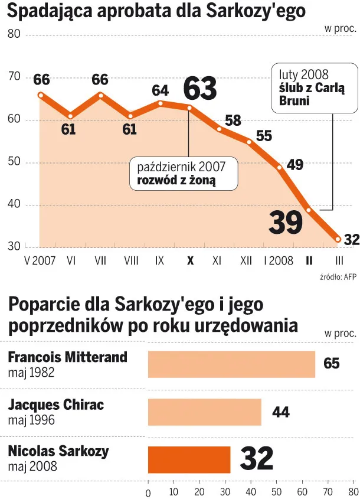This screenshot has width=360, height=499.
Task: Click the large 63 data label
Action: point(200,90)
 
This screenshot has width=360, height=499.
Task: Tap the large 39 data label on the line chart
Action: point(286,222)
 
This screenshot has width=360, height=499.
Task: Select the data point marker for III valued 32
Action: point(338,239)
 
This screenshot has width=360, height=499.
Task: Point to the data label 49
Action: point(294,165)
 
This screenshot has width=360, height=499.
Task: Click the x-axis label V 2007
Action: point(40,260)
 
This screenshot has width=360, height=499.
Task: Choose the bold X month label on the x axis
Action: point(189,260)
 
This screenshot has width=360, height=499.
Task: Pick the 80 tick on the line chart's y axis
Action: point(14,34)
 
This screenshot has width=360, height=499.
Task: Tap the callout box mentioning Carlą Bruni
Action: point(315,89)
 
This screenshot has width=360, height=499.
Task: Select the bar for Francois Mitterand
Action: point(231,364)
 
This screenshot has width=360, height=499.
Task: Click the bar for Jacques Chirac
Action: point(204,412)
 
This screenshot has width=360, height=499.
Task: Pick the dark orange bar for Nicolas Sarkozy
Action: point(189,459)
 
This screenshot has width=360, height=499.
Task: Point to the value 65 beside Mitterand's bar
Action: point(332,363)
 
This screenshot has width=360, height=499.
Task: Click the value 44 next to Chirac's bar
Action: point(280,412)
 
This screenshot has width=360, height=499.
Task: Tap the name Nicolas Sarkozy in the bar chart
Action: point(58,452)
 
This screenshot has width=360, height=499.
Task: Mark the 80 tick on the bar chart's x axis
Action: point(352,491)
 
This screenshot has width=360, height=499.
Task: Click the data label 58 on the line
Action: point(233,121)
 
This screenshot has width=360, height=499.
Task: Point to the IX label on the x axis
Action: point(159,260)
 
